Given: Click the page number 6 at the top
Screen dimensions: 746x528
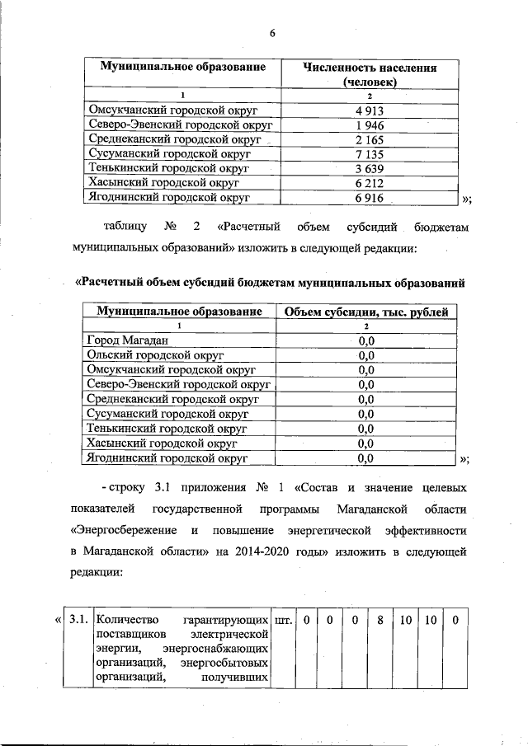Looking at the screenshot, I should click(271, 33).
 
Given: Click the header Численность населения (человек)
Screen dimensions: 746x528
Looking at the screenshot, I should click(370, 75).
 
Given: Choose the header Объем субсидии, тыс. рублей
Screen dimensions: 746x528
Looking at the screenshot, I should click(366, 312).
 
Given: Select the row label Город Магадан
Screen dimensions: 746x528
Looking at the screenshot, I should click(128, 340).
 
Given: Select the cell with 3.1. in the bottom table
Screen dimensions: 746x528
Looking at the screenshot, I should click(78, 619).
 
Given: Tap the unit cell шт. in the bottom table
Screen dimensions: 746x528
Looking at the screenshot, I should click(282, 619).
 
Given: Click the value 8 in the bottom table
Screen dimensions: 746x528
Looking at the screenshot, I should click(380, 619).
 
